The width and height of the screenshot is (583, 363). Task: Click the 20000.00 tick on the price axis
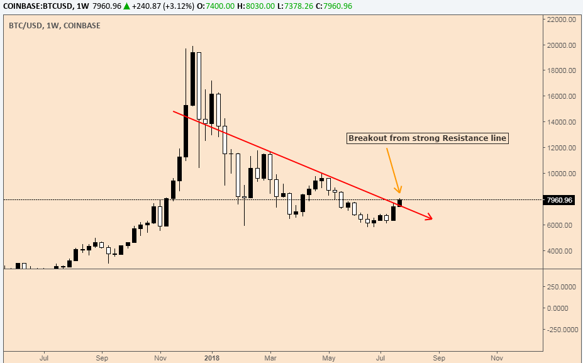pos(562,45)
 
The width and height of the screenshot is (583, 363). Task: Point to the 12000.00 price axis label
pos(562,148)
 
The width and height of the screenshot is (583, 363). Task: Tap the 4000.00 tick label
pos(564,251)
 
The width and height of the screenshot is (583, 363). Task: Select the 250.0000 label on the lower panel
pos(562,287)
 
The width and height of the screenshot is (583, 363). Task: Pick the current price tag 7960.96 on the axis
pos(560,200)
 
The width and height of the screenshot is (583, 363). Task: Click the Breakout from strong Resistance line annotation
pos(427,138)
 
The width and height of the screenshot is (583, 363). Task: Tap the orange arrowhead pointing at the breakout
pos(398,190)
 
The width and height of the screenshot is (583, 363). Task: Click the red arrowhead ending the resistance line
pos(430,218)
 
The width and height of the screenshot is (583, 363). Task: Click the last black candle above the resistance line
pos(399,203)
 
